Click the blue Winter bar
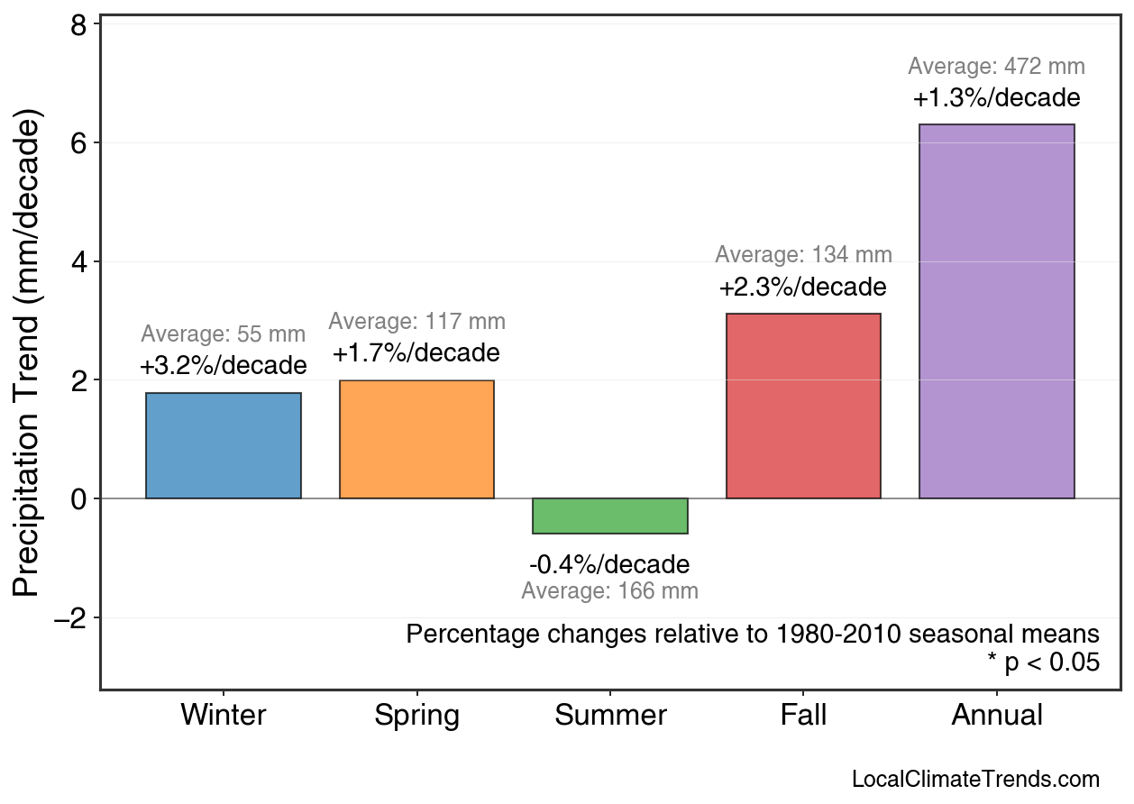pyautogui.click(x=224, y=445)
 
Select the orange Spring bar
pyautogui.click(x=416, y=439)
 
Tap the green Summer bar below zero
pyautogui.click(x=610, y=516)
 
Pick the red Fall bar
pyautogui.click(x=803, y=406)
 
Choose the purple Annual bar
pyautogui.click(x=996, y=311)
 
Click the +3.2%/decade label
pyautogui.click(x=224, y=367)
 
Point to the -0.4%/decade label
pyautogui.click(x=609, y=565)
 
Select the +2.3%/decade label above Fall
pyautogui.click(x=803, y=288)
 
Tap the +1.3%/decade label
pyautogui.click(x=996, y=98)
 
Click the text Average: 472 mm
pyautogui.click(x=996, y=67)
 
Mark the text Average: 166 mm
pyautogui.click(x=609, y=592)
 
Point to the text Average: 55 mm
pyautogui.click(x=224, y=335)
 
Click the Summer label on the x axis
pyautogui.click(x=610, y=716)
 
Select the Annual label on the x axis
pyautogui.click(x=996, y=716)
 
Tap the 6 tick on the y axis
pyautogui.click(x=78, y=143)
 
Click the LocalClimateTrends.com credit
pyautogui.click(x=975, y=780)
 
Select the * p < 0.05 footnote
pyautogui.click(x=1043, y=663)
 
